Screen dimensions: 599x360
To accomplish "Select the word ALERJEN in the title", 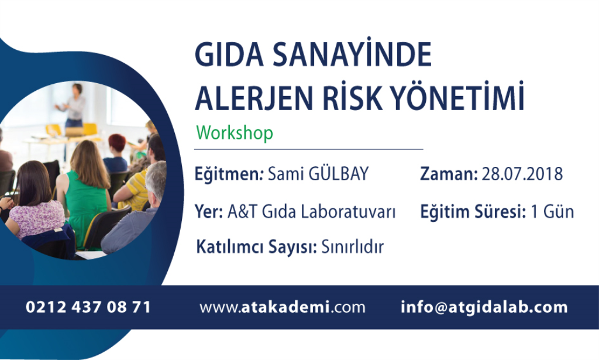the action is click(x=254, y=98).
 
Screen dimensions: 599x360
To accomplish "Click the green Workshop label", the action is click(x=235, y=133).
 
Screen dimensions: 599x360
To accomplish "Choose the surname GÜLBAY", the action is click(x=339, y=173).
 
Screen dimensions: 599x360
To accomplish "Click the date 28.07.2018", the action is click(x=522, y=174).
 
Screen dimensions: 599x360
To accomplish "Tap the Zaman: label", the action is click(x=449, y=174).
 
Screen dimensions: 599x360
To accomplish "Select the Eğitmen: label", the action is click(x=229, y=174).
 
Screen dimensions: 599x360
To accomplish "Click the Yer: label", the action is click(x=209, y=211).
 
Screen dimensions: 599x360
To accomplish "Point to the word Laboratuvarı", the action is click(x=348, y=211).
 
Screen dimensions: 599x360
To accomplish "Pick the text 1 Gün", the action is click(x=552, y=211).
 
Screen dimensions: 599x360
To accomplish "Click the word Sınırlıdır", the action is click(x=352, y=246).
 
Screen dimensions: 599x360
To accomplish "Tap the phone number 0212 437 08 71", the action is click(x=88, y=307).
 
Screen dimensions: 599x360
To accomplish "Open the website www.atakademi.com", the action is click(x=283, y=307).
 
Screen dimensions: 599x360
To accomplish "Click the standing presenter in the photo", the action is click(x=74, y=105).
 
